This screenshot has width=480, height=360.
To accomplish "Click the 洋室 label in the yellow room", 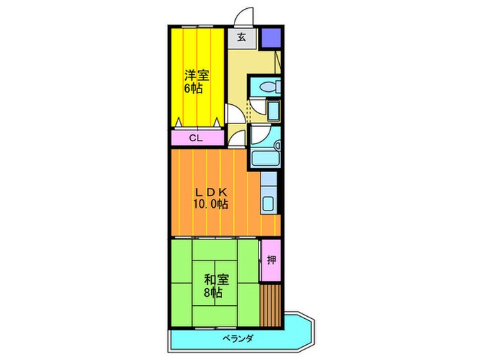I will point(196,74).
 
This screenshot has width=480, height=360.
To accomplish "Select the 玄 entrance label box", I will point(243,38).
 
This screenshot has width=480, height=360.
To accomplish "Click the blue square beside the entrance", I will point(270,38).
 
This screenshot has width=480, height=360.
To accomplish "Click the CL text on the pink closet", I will point(196,139).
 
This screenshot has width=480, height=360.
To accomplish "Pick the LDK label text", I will point(210,191).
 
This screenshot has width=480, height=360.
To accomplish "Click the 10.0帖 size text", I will point(210,204).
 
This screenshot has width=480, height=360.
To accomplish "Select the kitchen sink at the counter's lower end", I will point(269,204).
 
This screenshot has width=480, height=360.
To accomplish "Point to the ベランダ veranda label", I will point(239,339).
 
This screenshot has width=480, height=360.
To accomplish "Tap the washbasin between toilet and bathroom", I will point(272,110).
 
